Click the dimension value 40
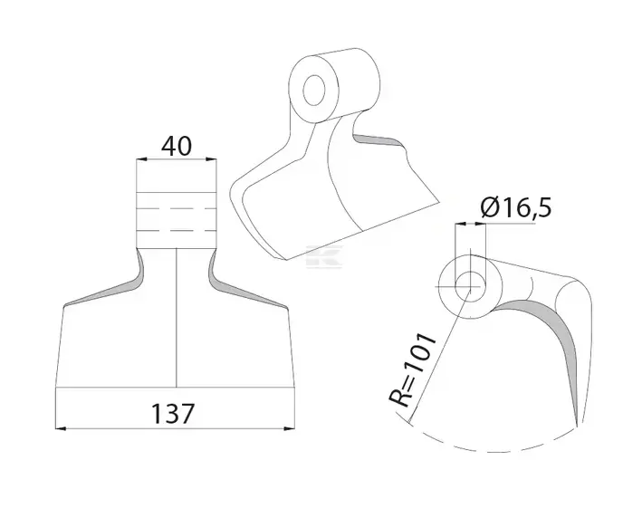[177, 146]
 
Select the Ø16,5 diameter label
[516, 207]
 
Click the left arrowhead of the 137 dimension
[61, 428]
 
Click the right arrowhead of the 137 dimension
[290, 428]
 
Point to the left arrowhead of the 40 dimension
[141, 159]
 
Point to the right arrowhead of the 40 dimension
[211, 159]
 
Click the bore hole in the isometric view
[314, 90]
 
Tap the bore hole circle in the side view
[471, 286]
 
